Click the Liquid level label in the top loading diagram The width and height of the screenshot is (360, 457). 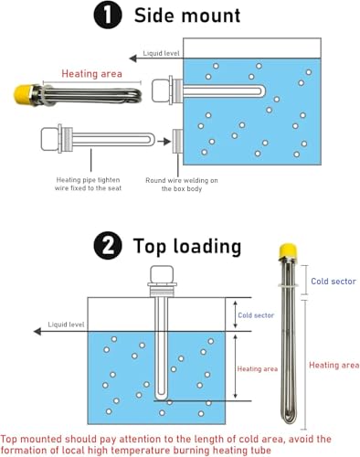pos(64,324)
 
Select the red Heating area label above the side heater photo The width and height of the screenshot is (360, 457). pos(90,74)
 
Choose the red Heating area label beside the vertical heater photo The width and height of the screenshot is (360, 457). pos(333,365)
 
